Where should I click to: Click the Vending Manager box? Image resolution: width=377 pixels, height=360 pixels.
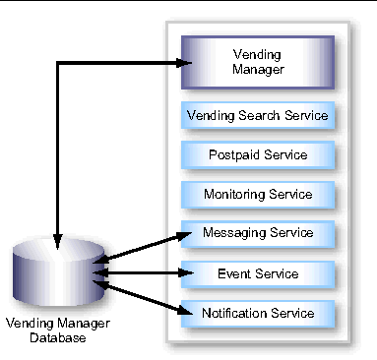pyautogui.click(x=258, y=62)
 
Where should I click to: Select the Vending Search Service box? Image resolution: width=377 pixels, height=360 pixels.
pyautogui.click(x=258, y=116)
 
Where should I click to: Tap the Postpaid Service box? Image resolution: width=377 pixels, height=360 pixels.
pyautogui.click(x=258, y=154)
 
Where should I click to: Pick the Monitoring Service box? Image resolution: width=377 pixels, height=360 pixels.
pyautogui.click(x=258, y=194)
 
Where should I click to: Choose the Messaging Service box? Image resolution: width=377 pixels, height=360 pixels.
pyautogui.click(x=258, y=233)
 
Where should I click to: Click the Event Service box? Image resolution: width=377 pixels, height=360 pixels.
pyautogui.click(x=258, y=272)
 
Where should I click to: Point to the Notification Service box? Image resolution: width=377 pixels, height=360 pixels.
pyautogui.click(x=258, y=313)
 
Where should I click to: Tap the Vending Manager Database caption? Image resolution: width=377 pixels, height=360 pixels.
pyautogui.click(x=57, y=330)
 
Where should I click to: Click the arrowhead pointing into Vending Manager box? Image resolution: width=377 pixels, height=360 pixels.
pyautogui.click(x=181, y=64)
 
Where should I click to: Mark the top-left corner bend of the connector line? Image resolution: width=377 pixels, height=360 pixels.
pyautogui.click(x=58, y=64)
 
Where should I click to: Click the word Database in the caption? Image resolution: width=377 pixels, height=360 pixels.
pyautogui.click(x=57, y=338)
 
